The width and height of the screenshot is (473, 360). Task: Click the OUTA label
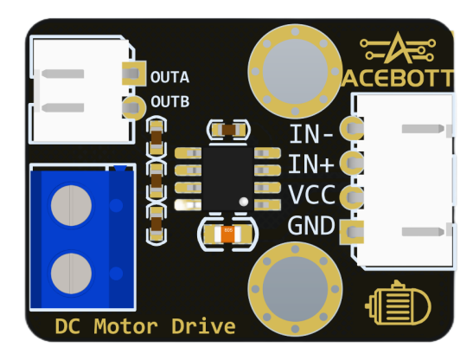coord(169,77)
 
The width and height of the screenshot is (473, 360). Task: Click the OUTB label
coord(170,102)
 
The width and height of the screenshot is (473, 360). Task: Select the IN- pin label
coord(311,134)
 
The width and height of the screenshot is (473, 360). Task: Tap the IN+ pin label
coord(311,164)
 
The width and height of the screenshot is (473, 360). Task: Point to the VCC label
coord(311,195)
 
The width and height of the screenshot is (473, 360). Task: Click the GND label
coord(311,225)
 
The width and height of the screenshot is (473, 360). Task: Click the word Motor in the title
coord(125,326)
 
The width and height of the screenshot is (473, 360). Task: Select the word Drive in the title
coord(203,326)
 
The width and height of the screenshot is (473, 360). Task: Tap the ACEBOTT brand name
coord(398,78)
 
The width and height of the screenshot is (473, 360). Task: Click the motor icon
coord(398,304)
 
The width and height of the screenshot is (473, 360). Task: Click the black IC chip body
coord(227,178)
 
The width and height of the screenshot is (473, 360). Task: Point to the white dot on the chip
coord(244,202)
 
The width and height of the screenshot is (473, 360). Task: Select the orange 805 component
coord(227,234)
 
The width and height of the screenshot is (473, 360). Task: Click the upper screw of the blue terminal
coord(71,205)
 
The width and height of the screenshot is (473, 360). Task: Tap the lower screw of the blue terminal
coord(71,273)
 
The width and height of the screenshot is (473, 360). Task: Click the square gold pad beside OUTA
coord(134,73)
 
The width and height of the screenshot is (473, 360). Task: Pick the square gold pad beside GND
coord(351,232)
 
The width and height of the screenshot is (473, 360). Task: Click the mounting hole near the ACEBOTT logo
coord(295,71)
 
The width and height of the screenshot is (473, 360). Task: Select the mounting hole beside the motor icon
coord(295,289)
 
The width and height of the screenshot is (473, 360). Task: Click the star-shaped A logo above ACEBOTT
coord(398,48)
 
